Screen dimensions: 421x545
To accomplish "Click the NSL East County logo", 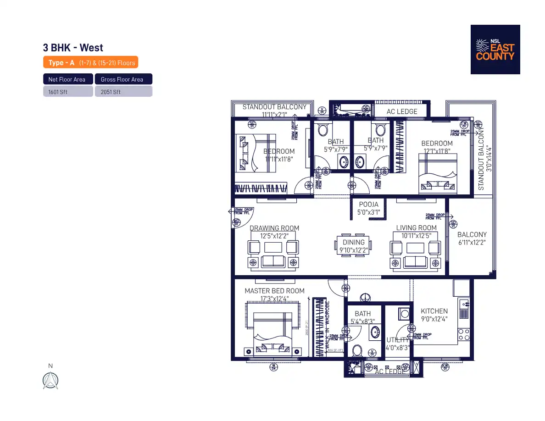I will pyautogui.click(x=495, y=50).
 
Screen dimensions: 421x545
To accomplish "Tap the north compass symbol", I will pyautogui.click(x=50, y=381).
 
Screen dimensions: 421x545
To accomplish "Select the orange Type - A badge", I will pyautogui.click(x=90, y=62).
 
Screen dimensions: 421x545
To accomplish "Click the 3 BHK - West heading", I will pyautogui.click(x=73, y=48).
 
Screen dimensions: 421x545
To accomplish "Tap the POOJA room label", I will pyautogui.click(x=368, y=205).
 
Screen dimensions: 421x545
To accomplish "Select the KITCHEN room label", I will pyautogui.click(x=434, y=311).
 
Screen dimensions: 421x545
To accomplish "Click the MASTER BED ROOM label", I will pyautogui.click(x=274, y=291).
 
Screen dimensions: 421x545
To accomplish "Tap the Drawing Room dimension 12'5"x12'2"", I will pyautogui.click(x=274, y=236).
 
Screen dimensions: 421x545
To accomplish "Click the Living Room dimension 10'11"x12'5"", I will pyautogui.click(x=416, y=236).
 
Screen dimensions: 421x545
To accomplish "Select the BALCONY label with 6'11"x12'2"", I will pyautogui.click(x=472, y=235).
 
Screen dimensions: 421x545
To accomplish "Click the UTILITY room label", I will pyautogui.click(x=397, y=340).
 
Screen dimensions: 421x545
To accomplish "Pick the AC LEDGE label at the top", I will pyautogui.click(x=402, y=111).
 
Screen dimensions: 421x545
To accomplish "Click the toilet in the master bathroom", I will pyautogui.click(x=358, y=352).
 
